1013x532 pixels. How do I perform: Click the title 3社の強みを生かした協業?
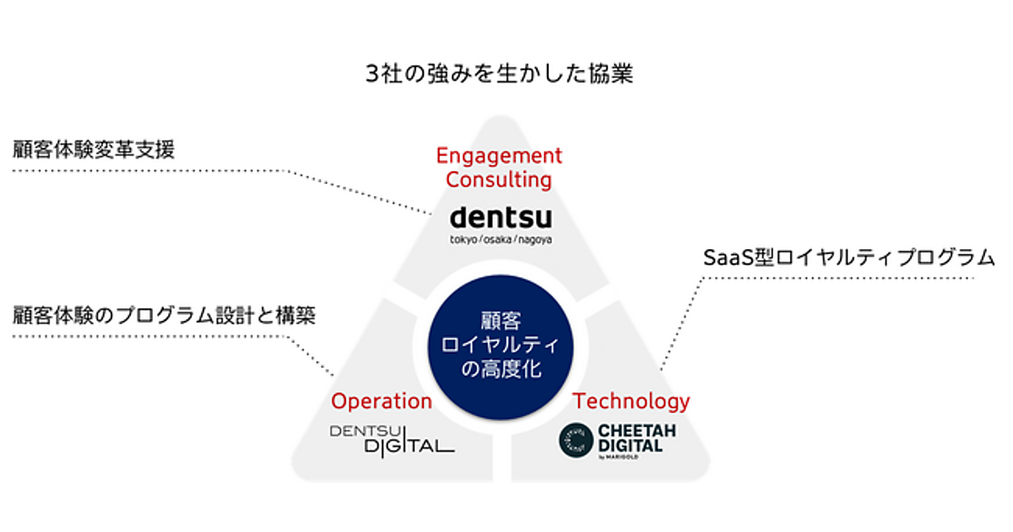pyautogui.click(x=499, y=74)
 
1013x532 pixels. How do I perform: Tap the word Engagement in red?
pyautogui.click(x=499, y=155)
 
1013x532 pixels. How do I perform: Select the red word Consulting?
pyautogui.click(x=499, y=179)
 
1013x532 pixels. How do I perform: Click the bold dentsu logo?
pyautogui.click(x=501, y=217)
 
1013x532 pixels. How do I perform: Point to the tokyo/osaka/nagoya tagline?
pyautogui.click(x=501, y=240)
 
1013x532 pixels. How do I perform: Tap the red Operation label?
pyautogui.click(x=382, y=401)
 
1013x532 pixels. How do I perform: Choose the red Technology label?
pyautogui.click(x=631, y=401)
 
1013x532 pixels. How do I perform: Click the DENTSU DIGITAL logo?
pyautogui.click(x=391, y=439)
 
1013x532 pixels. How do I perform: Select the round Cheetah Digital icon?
pyautogui.click(x=577, y=439)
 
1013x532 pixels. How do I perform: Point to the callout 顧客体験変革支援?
pyautogui.click(x=94, y=150)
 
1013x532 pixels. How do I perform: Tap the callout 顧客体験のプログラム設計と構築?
pyautogui.click(x=165, y=316)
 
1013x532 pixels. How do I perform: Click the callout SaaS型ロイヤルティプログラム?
pyautogui.click(x=849, y=257)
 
